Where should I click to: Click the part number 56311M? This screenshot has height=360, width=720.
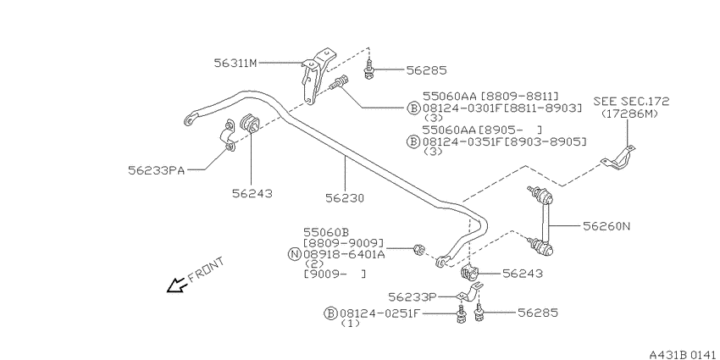(235, 63)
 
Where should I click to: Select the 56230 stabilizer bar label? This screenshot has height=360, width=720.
(345, 198)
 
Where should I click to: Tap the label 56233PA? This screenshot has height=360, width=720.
(156, 170)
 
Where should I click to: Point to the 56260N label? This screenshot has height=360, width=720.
(606, 226)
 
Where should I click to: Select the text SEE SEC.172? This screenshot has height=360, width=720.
(631, 101)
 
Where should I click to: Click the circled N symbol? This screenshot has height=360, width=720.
(294, 253)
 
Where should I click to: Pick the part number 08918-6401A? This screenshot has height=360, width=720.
(344, 253)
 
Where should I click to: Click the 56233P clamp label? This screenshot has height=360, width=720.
(413, 297)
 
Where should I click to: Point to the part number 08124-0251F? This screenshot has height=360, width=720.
(380, 313)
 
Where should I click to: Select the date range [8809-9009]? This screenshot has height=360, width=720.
(343, 243)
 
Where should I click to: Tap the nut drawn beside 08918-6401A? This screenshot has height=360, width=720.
(418, 251)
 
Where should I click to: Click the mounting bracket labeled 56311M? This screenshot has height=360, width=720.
(314, 75)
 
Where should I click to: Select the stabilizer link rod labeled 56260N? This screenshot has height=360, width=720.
(542, 220)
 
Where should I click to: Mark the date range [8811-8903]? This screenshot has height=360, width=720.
(543, 108)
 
